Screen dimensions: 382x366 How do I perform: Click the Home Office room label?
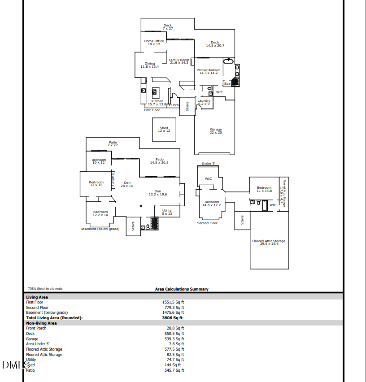(x=154, y=43)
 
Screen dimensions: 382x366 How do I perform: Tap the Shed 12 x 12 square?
(x=164, y=129)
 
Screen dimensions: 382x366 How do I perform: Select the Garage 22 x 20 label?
(x=216, y=131)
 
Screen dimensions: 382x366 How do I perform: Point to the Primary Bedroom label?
(x=209, y=71)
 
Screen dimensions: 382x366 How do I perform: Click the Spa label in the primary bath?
(x=227, y=83)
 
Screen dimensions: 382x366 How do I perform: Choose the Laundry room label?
(x=204, y=102)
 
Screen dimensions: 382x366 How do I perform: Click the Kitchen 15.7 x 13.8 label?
(x=157, y=103)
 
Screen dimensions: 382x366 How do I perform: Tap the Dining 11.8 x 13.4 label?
(x=150, y=65)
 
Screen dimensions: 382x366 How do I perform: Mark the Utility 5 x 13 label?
(x=167, y=212)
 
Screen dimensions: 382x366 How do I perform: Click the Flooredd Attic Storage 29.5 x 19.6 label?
(x=269, y=243)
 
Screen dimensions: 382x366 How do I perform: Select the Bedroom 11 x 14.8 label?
(x=264, y=189)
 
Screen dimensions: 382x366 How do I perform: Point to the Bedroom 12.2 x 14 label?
(x=100, y=213)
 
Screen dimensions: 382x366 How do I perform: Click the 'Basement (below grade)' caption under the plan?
(x=100, y=229)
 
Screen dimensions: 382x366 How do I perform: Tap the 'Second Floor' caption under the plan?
(x=207, y=223)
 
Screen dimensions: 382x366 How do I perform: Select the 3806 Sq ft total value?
(x=173, y=318)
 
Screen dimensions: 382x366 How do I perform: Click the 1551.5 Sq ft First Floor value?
(x=173, y=302)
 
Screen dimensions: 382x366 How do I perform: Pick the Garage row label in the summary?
(x=32, y=339)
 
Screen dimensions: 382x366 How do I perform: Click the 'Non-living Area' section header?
(x=41, y=323)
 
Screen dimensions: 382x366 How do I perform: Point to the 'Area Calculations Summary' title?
(x=182, y=289)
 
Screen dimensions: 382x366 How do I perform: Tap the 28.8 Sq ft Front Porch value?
(x=175, y=328)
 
